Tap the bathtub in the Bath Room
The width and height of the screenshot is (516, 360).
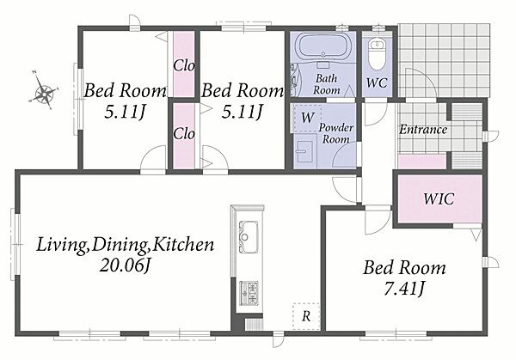[x=323, y=46]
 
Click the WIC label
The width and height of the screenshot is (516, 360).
[x=439, y=199]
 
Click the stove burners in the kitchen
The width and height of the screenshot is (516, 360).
[x=249, y=293]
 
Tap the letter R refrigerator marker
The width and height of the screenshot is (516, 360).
[x=306, y=316]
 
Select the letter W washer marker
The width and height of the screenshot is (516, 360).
[x=308, y=118]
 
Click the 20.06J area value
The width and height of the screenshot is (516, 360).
[x=125, y=265]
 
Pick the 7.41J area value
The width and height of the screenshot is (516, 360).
[x=404, y=289]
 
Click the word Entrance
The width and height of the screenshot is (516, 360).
[x=423, y=130]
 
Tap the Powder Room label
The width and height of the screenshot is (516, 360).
[x=335, y=133]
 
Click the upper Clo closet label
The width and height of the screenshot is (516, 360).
[x=184, y=66]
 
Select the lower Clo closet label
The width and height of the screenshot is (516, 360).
[x=184, y=133]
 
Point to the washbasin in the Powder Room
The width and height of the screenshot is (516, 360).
[x=304, y=152]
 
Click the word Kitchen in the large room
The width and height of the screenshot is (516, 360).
[x=184, y=245]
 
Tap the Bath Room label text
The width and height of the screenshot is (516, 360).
[x=327, y=84]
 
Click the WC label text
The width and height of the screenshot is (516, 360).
[x=377, y=82]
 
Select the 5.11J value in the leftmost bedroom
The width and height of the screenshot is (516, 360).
[x=125, y=112]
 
